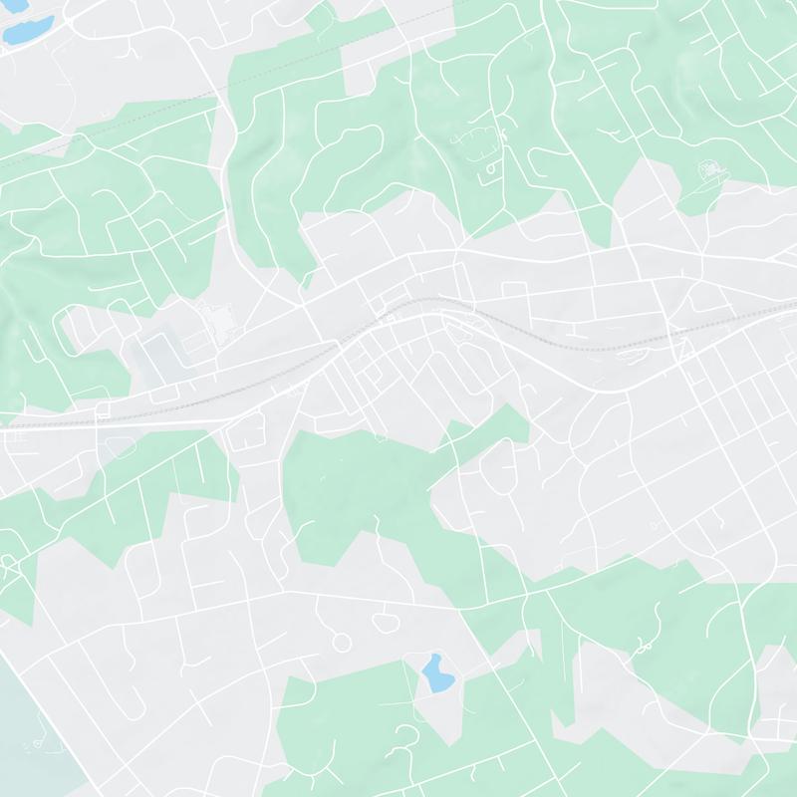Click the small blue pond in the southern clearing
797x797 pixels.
[x=435, y=674]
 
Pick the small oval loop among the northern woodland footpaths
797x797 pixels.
[x=491, y=171]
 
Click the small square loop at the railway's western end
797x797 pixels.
[x=102, y=409]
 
